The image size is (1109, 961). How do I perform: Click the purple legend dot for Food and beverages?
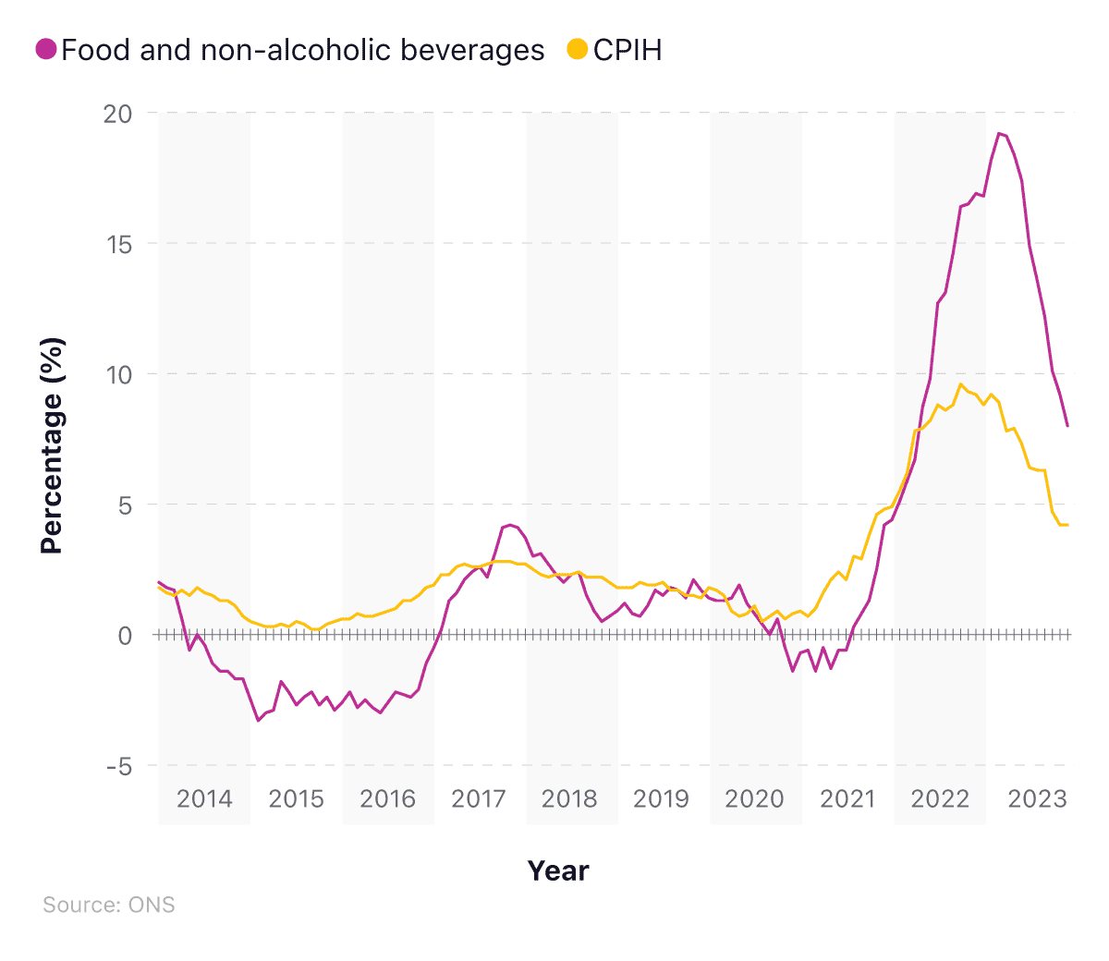[x=46, y=49]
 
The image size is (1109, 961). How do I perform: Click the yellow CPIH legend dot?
[x=578, y=49]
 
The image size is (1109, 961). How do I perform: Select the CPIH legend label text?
[x=628, y=50]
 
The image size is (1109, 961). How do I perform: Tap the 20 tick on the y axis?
[x=118, y=114]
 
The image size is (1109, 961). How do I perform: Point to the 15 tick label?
[x=118, y=245]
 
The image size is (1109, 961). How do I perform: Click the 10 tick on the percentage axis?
[x=118, y=375]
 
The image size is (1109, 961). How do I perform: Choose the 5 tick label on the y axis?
[x=125, y=505]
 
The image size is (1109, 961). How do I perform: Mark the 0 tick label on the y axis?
[x=125, y=636]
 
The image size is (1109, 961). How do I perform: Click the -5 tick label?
[x=119, y=767]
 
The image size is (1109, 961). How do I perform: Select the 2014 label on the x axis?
[x=204, y=799]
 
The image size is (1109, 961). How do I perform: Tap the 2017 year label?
[x=479, y=799]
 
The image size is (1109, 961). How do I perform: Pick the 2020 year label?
[x=754, y=799]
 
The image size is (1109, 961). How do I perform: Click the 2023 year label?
[x=1037, y=799]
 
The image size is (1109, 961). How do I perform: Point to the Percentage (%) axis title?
[x=53, y=446]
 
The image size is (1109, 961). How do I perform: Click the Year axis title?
[x=558, y=870]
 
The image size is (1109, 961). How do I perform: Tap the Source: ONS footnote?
[x=109, y=905]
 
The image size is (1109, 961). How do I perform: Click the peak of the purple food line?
[x=999, y=133]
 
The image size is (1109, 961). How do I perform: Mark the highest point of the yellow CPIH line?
[x=961, y=384]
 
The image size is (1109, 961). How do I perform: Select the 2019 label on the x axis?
[x=661, y=799]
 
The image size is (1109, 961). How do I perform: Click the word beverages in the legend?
[x=482, y=50]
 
